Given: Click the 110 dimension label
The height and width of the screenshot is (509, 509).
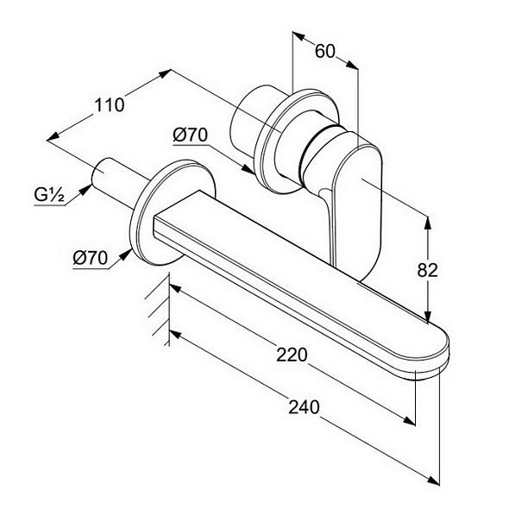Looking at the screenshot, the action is point(109,105).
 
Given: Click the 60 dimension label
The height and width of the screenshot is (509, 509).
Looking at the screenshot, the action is point(325,51).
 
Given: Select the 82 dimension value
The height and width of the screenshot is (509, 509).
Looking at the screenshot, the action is point(427,270).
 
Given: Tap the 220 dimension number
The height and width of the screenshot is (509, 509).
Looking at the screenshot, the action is point(292,355).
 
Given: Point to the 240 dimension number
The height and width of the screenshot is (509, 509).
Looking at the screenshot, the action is point(305,407).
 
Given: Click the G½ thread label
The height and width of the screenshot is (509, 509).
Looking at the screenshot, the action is point(49,195).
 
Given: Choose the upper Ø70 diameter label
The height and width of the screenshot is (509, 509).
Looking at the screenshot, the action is point(190,135).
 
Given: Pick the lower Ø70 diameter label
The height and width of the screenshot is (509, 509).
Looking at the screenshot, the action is point(90,258).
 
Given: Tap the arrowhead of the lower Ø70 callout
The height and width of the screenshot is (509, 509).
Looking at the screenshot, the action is point(125,255).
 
